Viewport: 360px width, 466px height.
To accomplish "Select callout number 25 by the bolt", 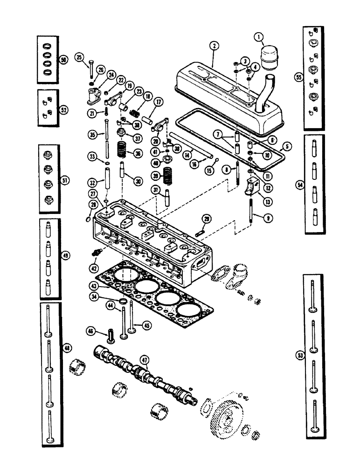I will tap(79, 58).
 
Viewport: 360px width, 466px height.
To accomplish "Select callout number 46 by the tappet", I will tap(90, 331).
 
